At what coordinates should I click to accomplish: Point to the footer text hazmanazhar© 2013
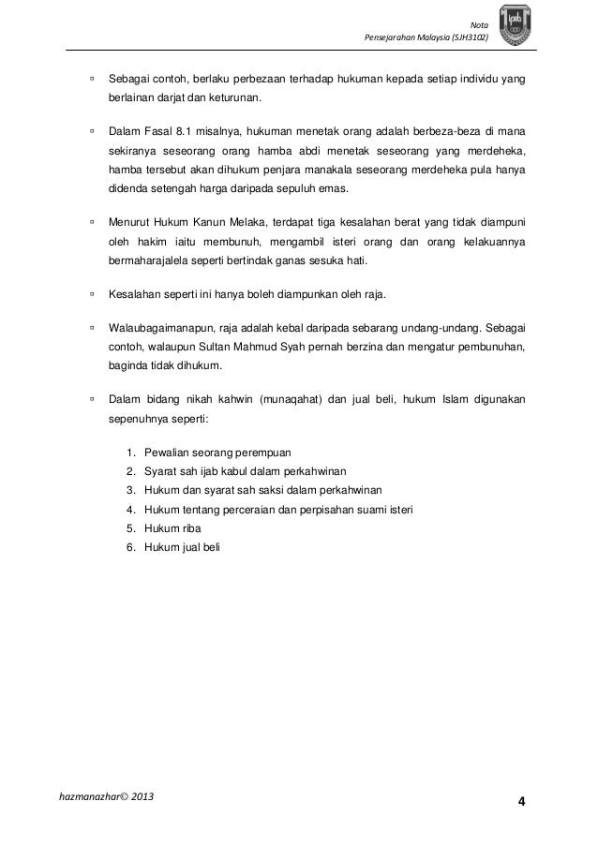tap(107, 796)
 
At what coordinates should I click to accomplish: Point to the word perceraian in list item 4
tap(243, 509)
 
